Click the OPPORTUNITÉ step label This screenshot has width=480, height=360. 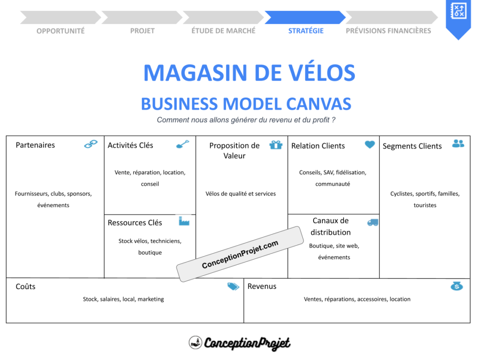tap(60, 31)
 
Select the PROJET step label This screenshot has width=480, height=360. tap(142, 31)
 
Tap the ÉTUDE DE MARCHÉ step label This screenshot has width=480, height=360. tap(224, 31)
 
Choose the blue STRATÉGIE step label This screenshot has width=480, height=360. tap(306, 31)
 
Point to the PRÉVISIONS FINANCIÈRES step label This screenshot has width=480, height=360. tap(388, 31)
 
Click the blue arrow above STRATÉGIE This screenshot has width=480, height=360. tap(305, 17)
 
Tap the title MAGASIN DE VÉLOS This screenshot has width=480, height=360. tap(249, 73)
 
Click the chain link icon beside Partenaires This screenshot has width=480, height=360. tap(91, 144)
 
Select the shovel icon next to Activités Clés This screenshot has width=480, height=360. tap(182, 144)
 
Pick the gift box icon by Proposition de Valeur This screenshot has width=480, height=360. tap(276, 144)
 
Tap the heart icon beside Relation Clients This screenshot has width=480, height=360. tap(370, 144)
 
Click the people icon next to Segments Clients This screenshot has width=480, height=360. tap(458, 143)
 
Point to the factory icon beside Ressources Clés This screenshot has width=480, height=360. tap(184, 221)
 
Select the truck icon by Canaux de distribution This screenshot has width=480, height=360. tap(373, 222)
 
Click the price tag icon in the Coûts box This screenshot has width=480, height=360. tap(233, 286)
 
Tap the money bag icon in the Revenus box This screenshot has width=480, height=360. tap(457, 285)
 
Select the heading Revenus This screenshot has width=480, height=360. tap(262, 286)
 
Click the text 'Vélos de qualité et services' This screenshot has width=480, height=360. tap(240, 194)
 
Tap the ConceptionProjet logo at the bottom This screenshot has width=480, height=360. tap(240, 343)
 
